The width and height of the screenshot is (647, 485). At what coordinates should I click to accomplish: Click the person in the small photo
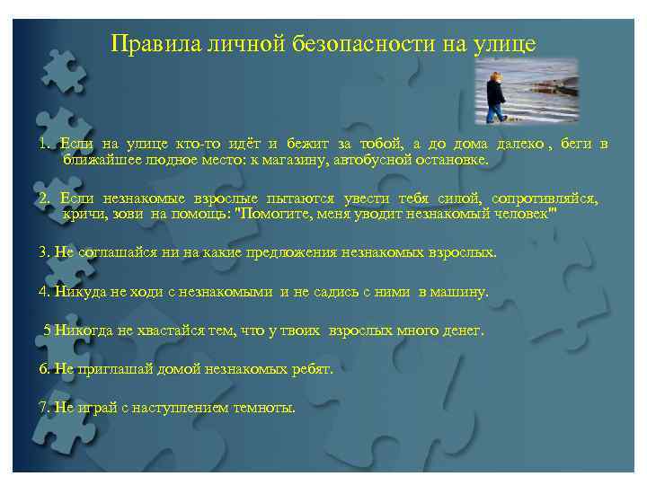click(x=495, y=96)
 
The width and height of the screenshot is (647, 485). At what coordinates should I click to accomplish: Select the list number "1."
click(x=45, y=144)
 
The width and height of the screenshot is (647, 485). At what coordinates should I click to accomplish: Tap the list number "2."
click(x=45, y=198)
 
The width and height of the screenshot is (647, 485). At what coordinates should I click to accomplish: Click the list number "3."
click(x=45, y=252)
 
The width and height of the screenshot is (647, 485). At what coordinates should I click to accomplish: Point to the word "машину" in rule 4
click(x=460, y=292)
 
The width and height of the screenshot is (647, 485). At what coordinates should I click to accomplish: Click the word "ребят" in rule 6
click(x=311, y=369)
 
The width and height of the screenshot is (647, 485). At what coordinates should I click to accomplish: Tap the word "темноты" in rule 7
click(x=264, y=407)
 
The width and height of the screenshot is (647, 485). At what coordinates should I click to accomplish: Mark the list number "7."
click(x=45, y=407)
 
